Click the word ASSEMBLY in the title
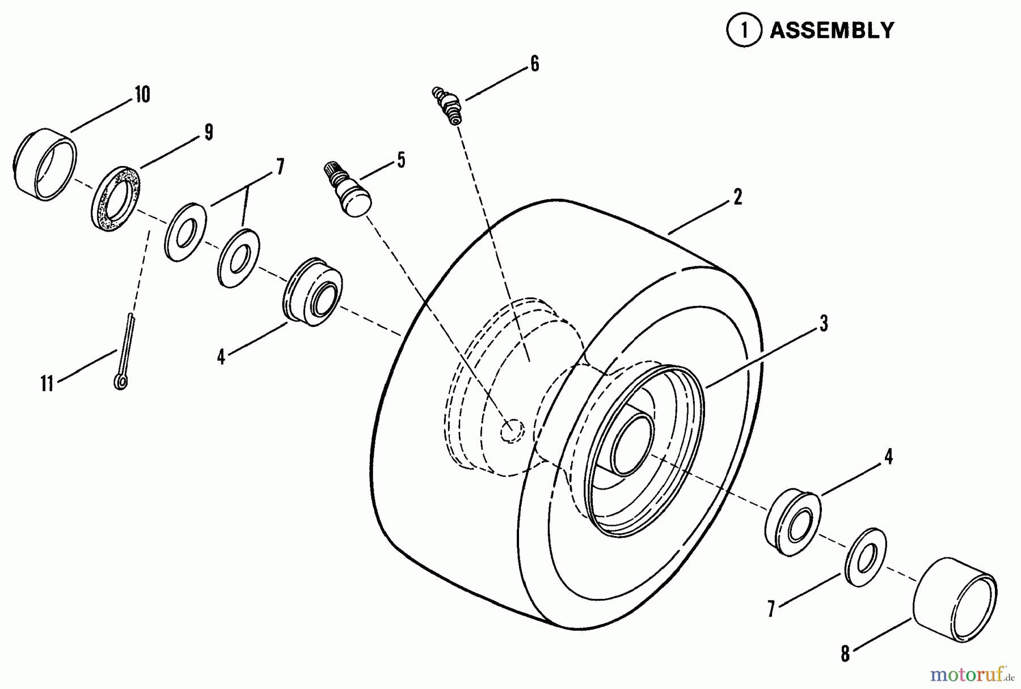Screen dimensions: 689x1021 click(x=832, y=30)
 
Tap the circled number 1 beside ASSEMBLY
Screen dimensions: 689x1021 click(x=744, y=31)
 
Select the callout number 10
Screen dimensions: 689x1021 click(x=142, y=94)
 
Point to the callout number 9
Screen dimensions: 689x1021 click(x=209, y=133)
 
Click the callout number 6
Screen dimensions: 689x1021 click(x=534, y=64)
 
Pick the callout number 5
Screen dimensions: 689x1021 click(x=401, y=160)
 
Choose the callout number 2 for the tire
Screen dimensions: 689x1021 click(x=737, y=197)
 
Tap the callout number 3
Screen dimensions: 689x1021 click(x=824, y=324)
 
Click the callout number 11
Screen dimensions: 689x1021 click(x=47, y=384)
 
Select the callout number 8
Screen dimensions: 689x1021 click(x=845, y=654)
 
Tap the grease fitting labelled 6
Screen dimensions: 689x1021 click(x=448, y=105)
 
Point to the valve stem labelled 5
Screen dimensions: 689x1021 click(x=347, y=188)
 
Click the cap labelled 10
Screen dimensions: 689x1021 click(x=44, y=165)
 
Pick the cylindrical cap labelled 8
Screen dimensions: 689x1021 click(x=955, y=599)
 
